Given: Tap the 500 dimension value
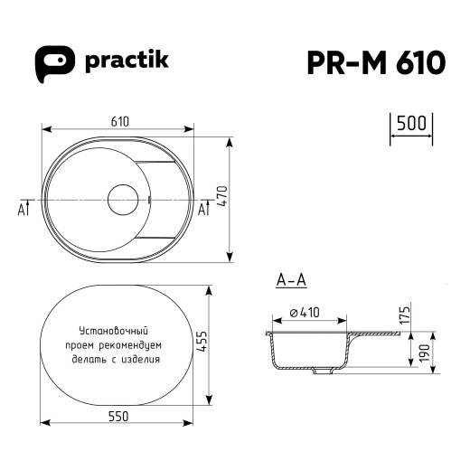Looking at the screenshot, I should [x=411, y=124].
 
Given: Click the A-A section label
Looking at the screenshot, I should [x=290, y=280].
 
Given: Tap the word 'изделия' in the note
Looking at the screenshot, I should [x=140, y=358].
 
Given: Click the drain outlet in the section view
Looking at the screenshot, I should [x=320, y=371].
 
